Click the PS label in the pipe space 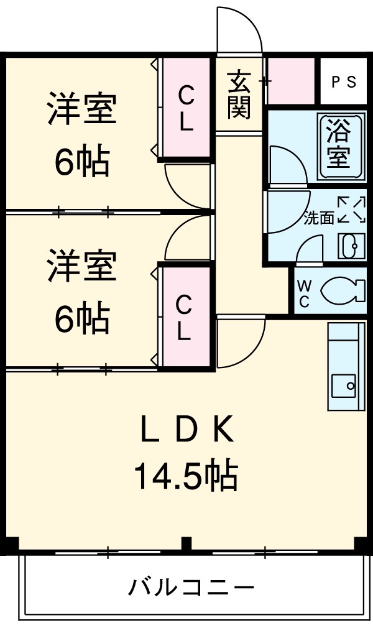[343, 82]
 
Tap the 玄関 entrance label [238, 95]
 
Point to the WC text [305, 293]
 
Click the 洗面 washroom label [319, 218]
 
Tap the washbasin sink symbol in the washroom [348, 246]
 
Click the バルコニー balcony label [191, 586]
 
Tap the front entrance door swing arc [240, 31]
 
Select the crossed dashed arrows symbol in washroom [351, 210]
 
